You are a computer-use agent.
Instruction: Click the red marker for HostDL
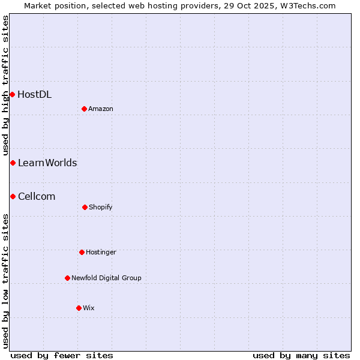point(12,94)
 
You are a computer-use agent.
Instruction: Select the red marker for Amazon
point(85,109)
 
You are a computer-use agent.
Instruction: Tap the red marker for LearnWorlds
point(13,163)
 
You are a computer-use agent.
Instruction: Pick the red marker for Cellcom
point(13,196)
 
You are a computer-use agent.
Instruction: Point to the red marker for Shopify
point(85,207)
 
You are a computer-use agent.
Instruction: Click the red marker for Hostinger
point(82,252)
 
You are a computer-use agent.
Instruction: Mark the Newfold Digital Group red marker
point(67,278)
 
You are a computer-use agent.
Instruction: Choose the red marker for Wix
point(79,308)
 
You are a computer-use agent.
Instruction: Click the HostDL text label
point(34,94)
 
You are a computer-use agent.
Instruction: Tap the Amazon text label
point(101,109)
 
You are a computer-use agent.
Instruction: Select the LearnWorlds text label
point(47,163)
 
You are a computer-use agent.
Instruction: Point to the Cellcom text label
point(37,196)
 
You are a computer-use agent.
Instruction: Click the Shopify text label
point(101,207)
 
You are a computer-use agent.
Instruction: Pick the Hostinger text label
point(101,252)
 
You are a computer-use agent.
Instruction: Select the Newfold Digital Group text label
point(106,278)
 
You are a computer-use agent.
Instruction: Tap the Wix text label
point(89,308)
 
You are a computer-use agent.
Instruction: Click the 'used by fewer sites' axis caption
point(62,355)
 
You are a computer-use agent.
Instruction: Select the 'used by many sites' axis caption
point(301,355)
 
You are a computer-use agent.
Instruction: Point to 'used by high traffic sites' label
point(5,85)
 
